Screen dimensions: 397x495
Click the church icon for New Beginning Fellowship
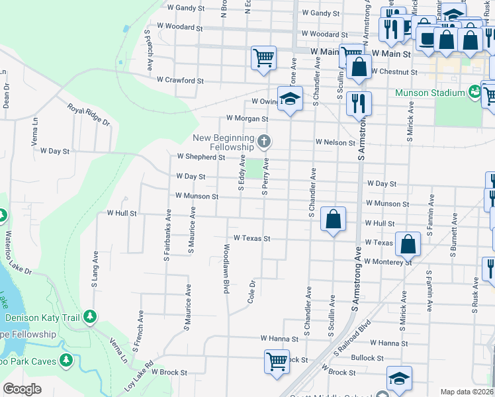pyautogui.click(x=264, y=141)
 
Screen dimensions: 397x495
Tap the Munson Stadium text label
pyautogui.click(x=430, y=93)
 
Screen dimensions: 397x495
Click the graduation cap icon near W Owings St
pyautogui.click(x=290, y=99)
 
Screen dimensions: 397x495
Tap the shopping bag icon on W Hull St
pyautogui.click(x=334, y=218)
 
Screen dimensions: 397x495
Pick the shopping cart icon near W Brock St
pyautogui.click(x=277, y=361)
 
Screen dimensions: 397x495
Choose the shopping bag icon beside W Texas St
pyautogui.click(x=408, y=243)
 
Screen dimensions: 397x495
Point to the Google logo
pyautogui.click(x=22, y=389)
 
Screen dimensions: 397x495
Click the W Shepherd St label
pyautogui.click(x=201, y=157)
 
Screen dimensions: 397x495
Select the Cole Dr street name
pyautogui.click(x=251, y=291)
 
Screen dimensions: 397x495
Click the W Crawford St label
pyautogui.click(x=180, y=80)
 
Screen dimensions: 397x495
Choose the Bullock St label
pyautogui.click(x=367, y=358)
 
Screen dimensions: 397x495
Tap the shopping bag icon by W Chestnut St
pyautogui.click(x=358, y=67)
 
